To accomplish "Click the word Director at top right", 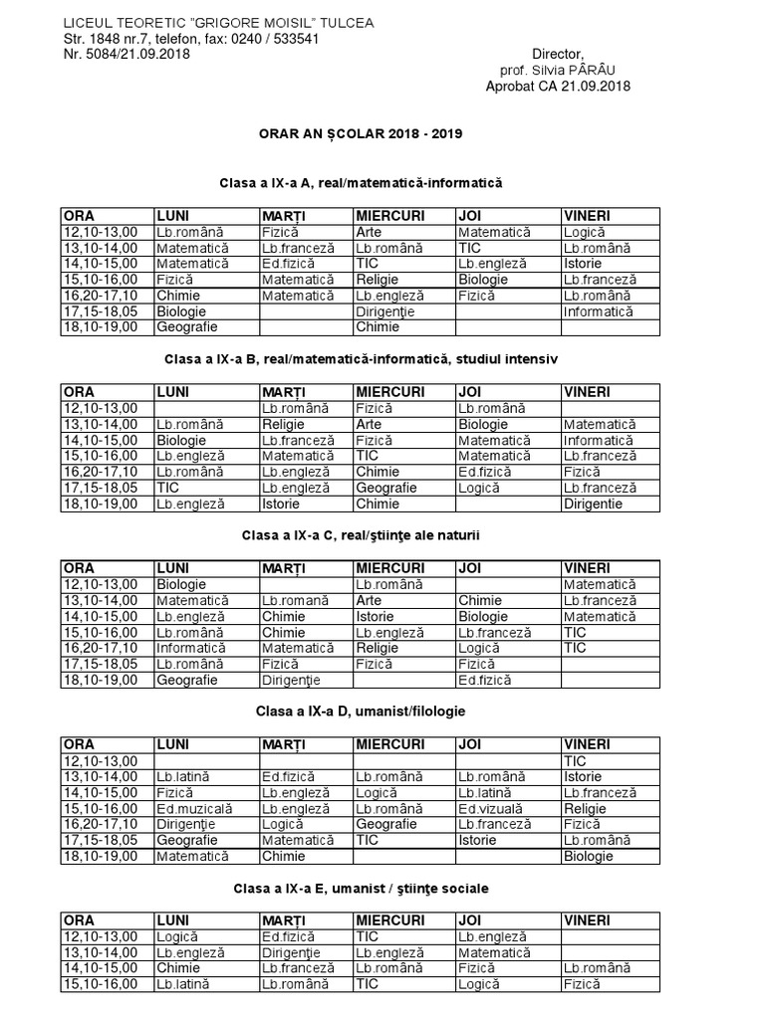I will tap(558, 54).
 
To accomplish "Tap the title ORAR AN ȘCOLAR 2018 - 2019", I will tap(356, 132).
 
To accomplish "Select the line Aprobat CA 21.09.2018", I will tap(558, 87).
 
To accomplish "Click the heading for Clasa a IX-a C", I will tap(361, 535).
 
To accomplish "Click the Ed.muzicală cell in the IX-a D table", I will tap(193, 808).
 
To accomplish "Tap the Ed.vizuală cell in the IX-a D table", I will tap(490, 808).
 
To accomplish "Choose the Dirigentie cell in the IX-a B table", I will tap(593, 504).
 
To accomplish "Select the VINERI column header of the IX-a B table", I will tap(587, 391).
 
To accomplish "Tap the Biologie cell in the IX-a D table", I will tap(589, 856).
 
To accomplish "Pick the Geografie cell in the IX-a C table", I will tap(185, 680).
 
